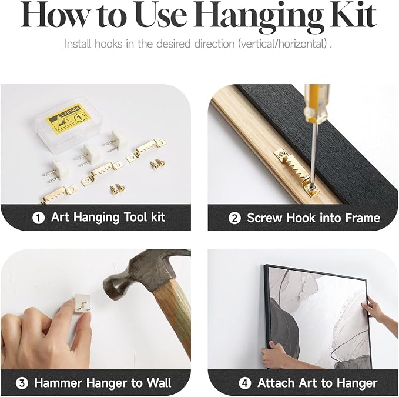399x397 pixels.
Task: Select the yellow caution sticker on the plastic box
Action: point(68,118)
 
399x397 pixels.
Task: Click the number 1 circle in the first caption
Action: point(38,218)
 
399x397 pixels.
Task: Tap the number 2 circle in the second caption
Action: point(234,218)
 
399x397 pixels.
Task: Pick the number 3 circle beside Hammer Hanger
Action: point(22,383)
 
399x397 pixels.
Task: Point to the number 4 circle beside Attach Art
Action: point(244,383)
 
